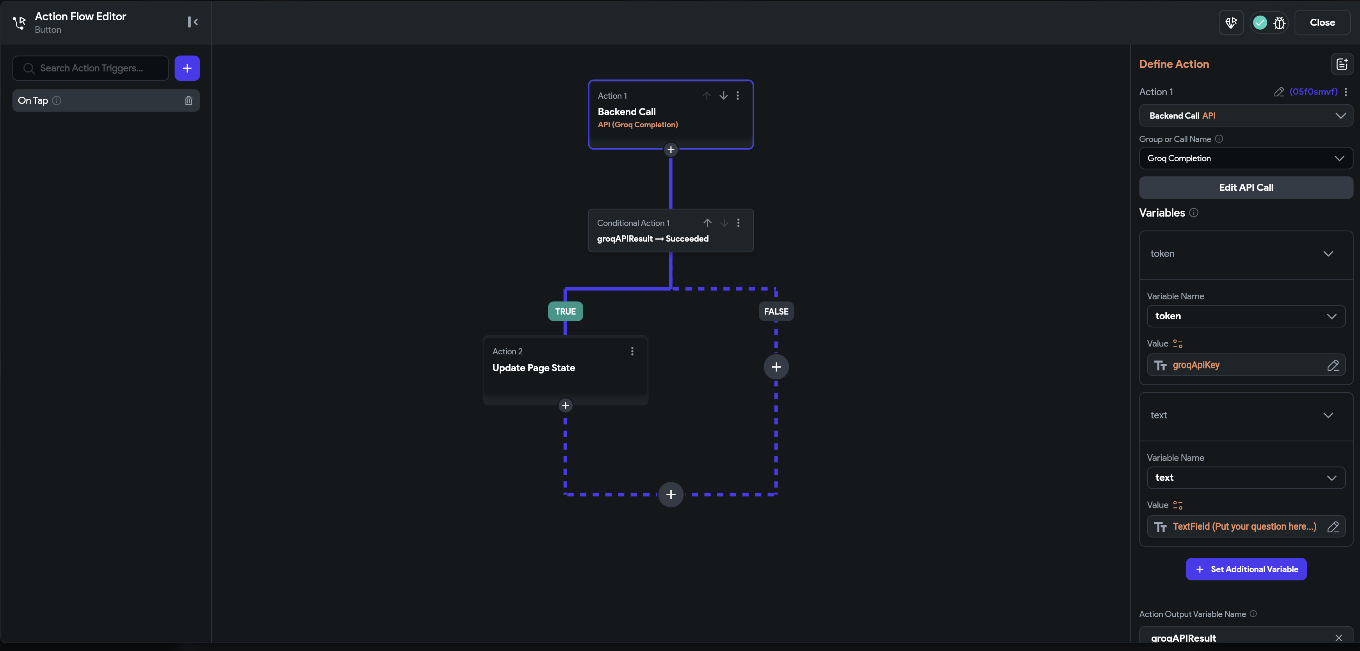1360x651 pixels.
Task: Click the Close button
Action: coord(1322,22)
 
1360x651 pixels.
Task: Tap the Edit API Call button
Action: coord(1246,187)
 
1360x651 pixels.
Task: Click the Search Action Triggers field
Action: coord(91,68)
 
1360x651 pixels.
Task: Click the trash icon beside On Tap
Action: coord(189,100)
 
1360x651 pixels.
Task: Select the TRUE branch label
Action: coord(566,311)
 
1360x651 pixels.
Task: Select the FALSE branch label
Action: coord(776,311)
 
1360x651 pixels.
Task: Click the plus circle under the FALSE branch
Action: coord(776,367)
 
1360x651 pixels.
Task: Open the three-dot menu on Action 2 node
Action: coord(632,351)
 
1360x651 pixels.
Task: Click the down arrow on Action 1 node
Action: coord(723,96)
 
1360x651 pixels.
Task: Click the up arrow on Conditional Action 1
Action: coord(707,223)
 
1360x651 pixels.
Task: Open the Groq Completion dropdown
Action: coord(1246,158)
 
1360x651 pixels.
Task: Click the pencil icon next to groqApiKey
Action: coord(1333,365)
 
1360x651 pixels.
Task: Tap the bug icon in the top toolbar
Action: coord(1279,23)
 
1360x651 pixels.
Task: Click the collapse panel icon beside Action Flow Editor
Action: coord(193,21)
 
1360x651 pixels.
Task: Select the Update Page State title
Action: coord(533,368)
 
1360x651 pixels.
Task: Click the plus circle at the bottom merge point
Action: coord(671,495)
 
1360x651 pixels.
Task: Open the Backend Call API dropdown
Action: coord(1246,116)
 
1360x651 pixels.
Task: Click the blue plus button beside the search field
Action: coord(187,68)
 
